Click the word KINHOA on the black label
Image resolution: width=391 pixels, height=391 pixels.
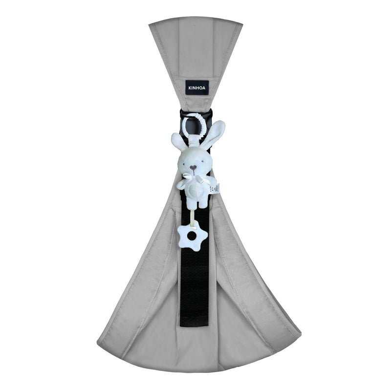197,88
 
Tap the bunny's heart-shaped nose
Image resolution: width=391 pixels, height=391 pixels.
193,167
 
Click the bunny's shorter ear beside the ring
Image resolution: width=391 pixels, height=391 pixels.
179,140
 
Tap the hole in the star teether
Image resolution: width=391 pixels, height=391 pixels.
192,236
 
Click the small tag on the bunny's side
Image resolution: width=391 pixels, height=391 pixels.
215,189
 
